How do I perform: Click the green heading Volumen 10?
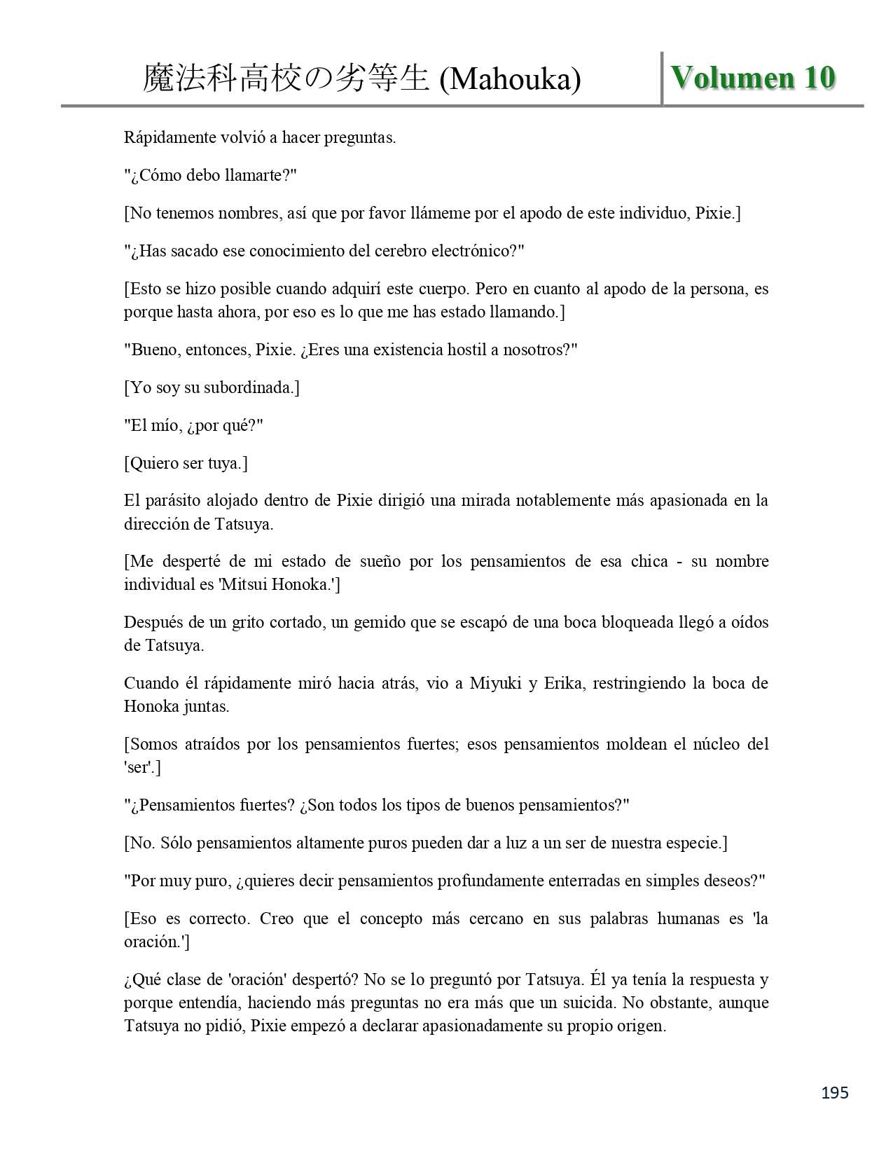tap(753, 77)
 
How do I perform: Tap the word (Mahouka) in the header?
tap(510, 79)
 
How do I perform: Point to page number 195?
tap(835, 1092)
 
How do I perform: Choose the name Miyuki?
tap(495, 683)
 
